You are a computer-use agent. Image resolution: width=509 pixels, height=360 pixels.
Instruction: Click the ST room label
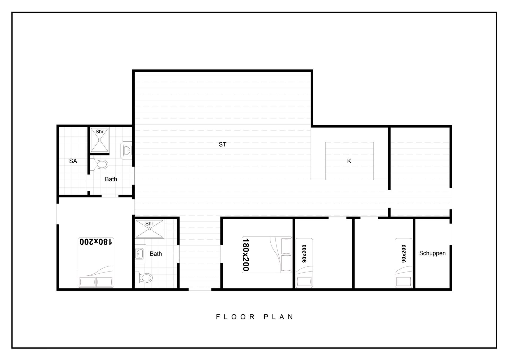[222, 144]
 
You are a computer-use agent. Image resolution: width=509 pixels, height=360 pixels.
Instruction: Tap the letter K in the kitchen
[349, 161]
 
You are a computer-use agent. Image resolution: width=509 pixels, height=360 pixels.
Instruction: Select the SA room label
[73, 161]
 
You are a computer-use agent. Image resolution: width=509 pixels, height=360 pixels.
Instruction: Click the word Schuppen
[432, 253]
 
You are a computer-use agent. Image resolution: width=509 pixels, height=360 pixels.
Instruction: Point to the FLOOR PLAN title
[255, 317]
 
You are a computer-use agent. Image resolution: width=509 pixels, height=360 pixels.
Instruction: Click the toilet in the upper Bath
[99, 164]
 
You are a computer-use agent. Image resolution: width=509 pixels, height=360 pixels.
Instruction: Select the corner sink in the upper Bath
[127, 151]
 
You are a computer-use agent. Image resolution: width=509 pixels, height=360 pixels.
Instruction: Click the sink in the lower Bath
[139, 254]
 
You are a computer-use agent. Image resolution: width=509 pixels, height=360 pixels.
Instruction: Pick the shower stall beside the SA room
[100, 140]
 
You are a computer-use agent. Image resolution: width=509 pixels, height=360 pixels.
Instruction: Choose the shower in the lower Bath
[150, 229]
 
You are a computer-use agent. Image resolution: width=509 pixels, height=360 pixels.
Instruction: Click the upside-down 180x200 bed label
[96, 242]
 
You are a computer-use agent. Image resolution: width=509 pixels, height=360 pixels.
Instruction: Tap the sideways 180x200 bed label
[246, 255]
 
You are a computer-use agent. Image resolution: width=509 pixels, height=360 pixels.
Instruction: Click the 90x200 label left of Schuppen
[403, 254]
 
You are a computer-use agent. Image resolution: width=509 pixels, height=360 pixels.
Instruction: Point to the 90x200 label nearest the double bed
[304, 254]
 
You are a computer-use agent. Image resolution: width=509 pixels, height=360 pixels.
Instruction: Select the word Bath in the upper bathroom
[111, 179]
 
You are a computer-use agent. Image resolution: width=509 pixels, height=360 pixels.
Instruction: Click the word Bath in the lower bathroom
[156, 254]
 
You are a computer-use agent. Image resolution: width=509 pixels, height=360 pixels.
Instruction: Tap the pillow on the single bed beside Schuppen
[403, 282]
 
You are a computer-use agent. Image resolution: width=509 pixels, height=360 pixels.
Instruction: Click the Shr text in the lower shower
[149, 224]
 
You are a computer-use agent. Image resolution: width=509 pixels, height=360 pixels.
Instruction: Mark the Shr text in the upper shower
[99, 132]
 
